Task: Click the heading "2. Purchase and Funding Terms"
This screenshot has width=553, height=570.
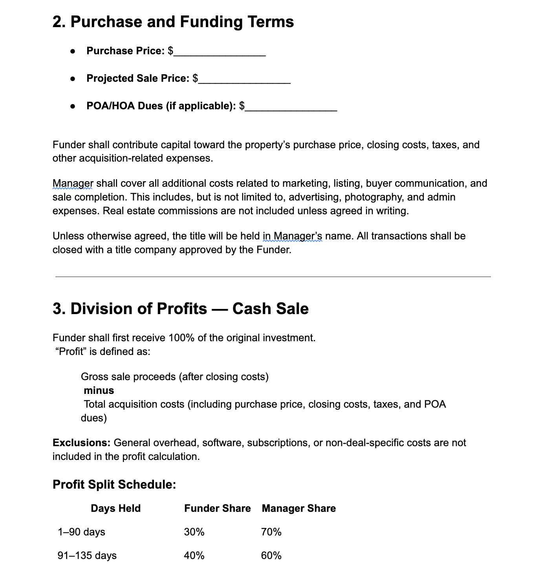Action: tap(173, 22)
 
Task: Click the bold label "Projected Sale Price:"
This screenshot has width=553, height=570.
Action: tap(138, 78)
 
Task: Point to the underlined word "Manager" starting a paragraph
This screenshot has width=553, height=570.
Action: tap(73, 184)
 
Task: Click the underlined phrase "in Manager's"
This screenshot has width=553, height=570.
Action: tap(292, 236)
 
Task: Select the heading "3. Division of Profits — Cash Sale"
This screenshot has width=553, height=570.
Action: tap(180, 309)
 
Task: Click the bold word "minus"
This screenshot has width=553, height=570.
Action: tap(99, 390)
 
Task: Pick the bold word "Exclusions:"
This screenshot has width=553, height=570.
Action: tap(82, 443)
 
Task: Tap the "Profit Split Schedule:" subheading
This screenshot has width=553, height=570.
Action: tap(114, 484)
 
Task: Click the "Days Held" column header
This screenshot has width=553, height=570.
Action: tap(115, 508)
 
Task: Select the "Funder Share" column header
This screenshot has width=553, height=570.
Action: tap(217, 508)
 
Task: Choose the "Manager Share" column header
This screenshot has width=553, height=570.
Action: tap(298, 508)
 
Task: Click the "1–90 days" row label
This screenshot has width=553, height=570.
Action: tap(81, 532)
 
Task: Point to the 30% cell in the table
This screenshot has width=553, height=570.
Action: tap(194, 532)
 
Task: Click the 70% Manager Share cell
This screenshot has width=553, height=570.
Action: tap(271, 532)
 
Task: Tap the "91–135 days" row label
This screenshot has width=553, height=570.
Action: tap(87, 555)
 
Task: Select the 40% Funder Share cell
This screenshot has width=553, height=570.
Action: tap(194, 555)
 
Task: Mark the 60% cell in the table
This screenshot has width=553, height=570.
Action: tap(271, 555)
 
